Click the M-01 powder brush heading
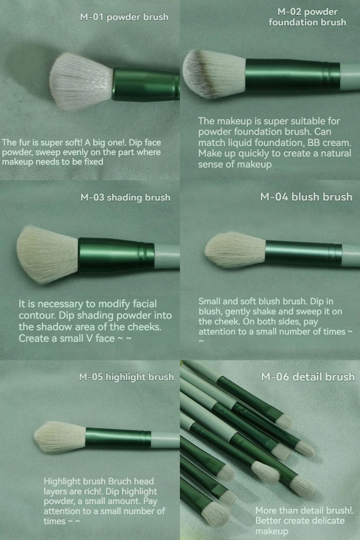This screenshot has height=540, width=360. pyautogui.click(x=124, y=17)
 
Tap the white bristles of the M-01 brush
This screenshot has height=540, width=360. pyautogui.click(x=82, y=82)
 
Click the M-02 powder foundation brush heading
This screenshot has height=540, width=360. pyautogui.click(x=307, y=17)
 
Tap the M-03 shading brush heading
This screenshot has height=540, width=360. pyautogui.click(x=125, y=197)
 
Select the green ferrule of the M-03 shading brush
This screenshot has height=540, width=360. pyautogui.click(x=115, y=254)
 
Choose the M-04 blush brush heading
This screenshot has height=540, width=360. pyautogui.click(x=306, y=197)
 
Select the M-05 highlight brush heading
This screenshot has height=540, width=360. pyautogui.click(x=126, y=377)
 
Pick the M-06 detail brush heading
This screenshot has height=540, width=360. pyautogui.click(x=308, y=377)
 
